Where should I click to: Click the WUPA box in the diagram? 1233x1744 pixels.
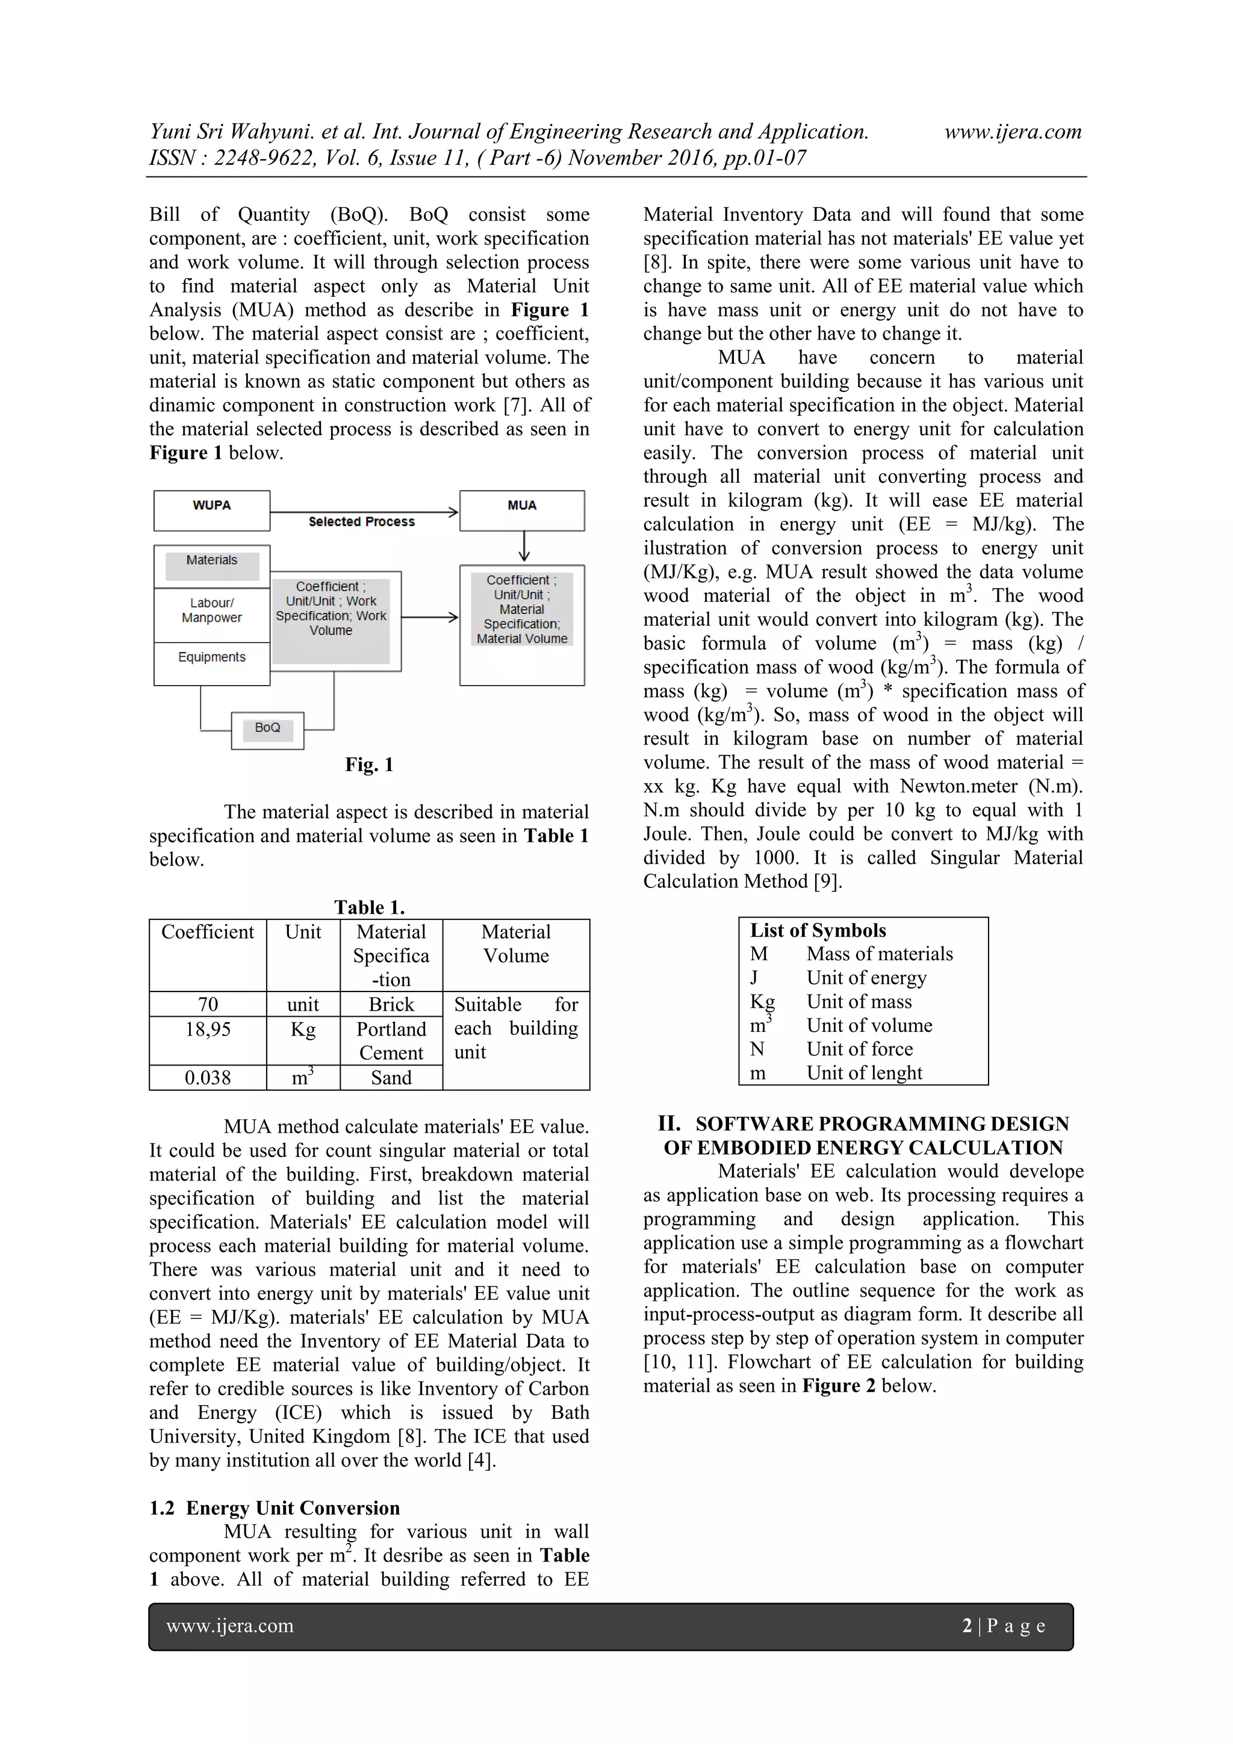click(211, 510)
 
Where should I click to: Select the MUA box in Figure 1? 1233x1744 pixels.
click(522, 510)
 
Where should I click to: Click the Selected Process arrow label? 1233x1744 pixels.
click(362, 522)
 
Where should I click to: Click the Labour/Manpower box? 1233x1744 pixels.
click(211, 610)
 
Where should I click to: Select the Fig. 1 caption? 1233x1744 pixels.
click(369, 765)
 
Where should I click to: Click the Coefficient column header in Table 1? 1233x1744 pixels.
click(207, 933)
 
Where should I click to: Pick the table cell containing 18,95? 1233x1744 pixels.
click(207, 1030)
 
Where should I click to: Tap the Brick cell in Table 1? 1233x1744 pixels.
click(391, 1005)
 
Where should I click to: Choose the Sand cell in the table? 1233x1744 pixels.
click(391, 1078)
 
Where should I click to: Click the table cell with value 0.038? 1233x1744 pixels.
click(207, 1078)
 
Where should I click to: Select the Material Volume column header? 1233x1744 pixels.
click(516, 944)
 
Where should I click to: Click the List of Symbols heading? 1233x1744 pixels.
click(818, 931)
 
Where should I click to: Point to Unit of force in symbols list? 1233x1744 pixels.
click(859, 1050)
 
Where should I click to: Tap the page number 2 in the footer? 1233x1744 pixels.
click(966, 1625)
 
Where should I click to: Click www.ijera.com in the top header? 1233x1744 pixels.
click(1013, 132)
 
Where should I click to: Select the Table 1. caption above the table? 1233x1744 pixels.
click(369, 908)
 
